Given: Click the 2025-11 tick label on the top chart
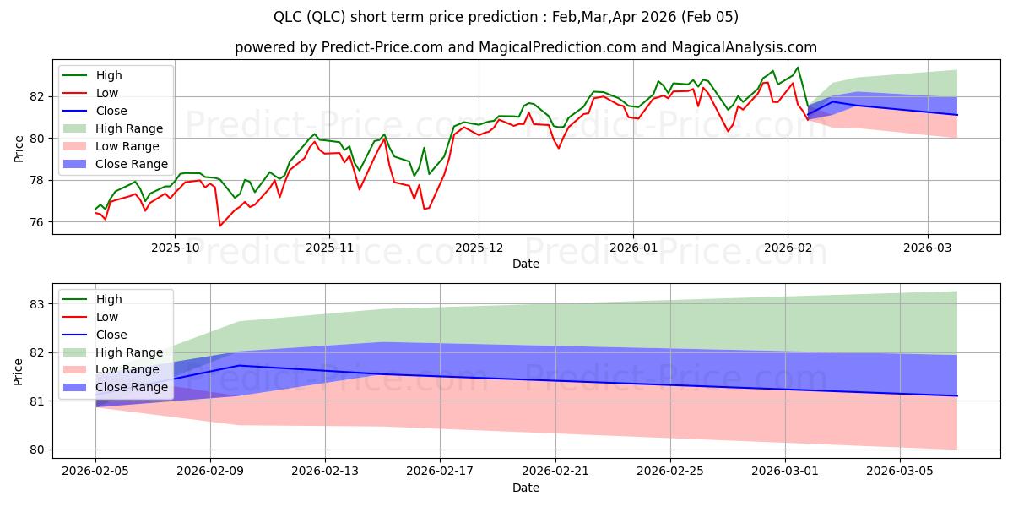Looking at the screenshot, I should pos(329,248).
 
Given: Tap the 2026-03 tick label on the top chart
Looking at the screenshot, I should pos(928,248).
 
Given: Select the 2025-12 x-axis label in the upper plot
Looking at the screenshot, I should pos(479,248).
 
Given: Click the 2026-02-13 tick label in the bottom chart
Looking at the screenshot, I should pos(325,471).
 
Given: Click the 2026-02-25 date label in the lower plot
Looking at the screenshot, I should pos(670,471).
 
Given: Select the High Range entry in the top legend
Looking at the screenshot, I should pos(129,128).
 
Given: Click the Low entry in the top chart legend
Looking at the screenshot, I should pos(107,93).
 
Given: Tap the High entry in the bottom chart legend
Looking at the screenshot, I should pos(109,299).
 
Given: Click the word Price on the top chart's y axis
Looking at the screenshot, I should pos(19,150).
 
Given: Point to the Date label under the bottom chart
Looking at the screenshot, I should pos(525,488).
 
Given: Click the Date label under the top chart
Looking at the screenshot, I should pos(525,264).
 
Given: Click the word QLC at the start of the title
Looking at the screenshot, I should pos(290,17).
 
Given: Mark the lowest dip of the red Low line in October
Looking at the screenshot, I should pos(220,226).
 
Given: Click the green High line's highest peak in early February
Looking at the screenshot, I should pos(798,68).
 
